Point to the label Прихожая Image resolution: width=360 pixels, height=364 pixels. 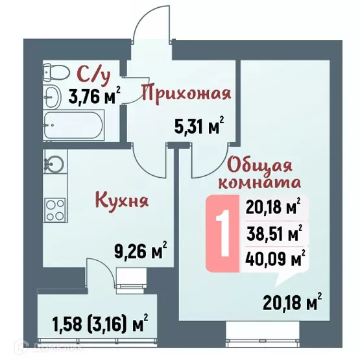click(x=186, y=93)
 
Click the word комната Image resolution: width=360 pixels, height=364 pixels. click(x=259, y=182)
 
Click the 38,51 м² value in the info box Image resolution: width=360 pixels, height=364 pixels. click(x=275, y=234)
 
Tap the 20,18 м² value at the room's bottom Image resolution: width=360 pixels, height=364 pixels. click(x=293, y=302)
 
